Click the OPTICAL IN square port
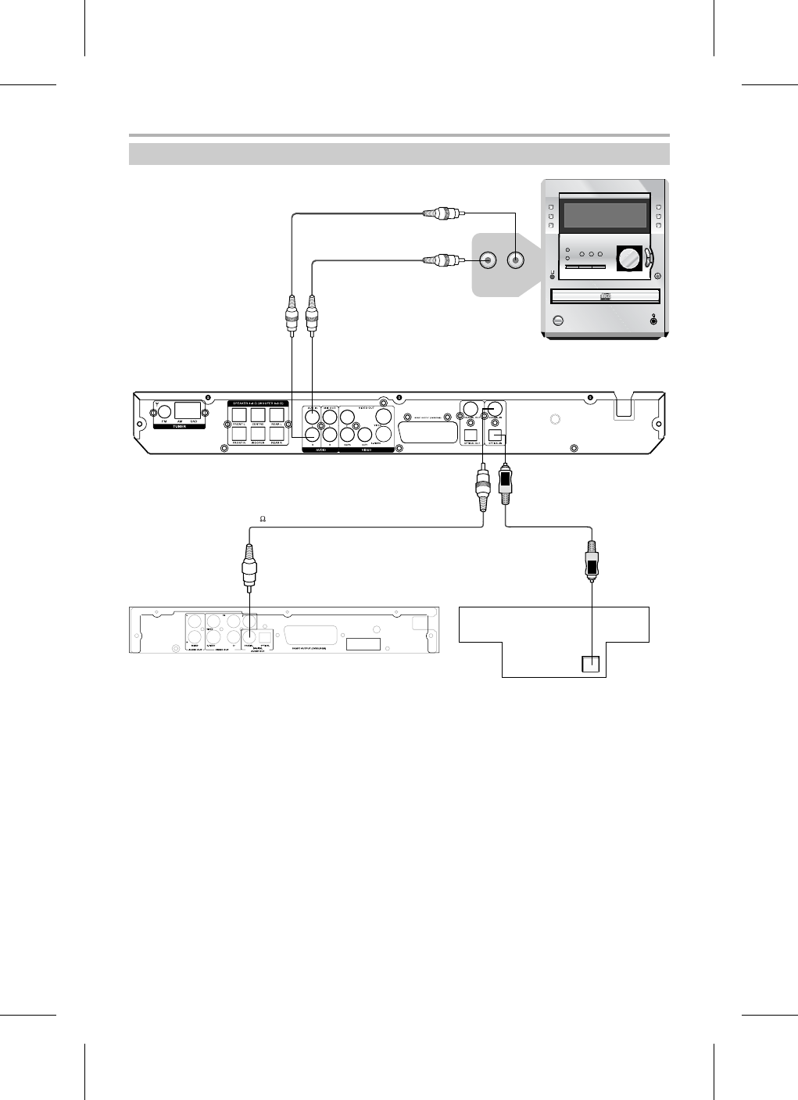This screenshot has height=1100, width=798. (x=494, y=435)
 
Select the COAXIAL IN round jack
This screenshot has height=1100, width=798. (x=494, y=409)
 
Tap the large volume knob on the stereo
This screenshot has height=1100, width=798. (x=628, y=258)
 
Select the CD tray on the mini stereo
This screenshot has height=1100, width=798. (x=604, y=296)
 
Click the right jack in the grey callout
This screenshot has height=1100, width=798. (x=516, y=260)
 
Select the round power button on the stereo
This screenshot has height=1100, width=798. (x=557, y=321)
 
